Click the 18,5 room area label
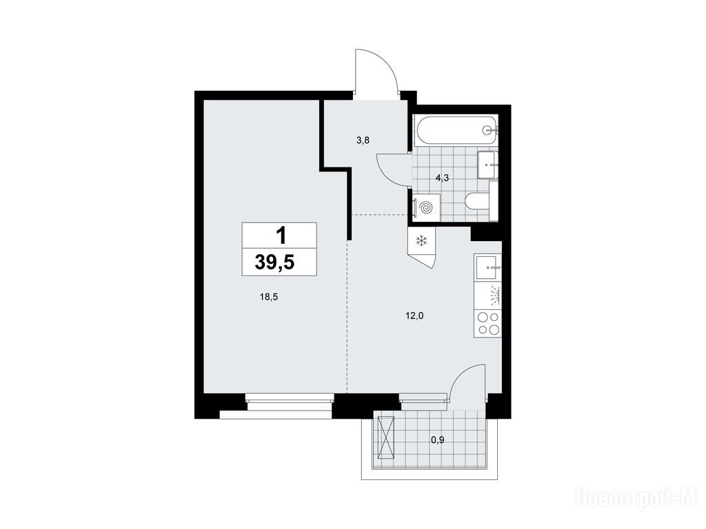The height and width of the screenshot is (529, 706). pyautogui.click(x=269, y=296)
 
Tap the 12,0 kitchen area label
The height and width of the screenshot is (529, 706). pyautogui.click(x=414, y=315)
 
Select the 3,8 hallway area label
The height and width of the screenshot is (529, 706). pyautogui.click(x=363, y=141)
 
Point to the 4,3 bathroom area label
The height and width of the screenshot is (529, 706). pyautogui.click(x=442, y=178)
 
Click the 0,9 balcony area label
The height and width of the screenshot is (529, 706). pyautogui.click(x=438, y=440)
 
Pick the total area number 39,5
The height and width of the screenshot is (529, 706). pyautogui.click(x=274, y=262)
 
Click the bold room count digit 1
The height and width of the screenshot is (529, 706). pyautogui.click(x=281, y=236)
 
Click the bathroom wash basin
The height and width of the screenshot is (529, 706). pyautogui.click(x=487, y=165)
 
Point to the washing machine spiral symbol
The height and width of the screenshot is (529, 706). pyautogui.click(x=425, y=207)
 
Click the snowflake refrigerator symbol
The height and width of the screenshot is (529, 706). pyautogui.click(x=421, y=241)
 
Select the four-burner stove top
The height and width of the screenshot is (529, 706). pyautogui.click(x=488, y=323)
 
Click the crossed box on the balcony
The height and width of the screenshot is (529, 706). pyautogui.click(x=386, y=437)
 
